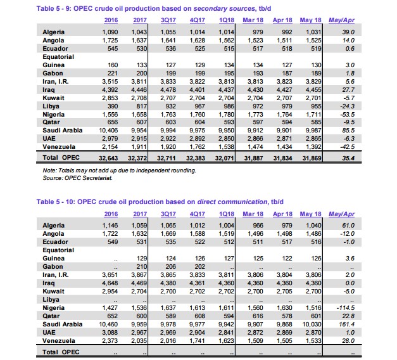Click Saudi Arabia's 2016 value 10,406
108,131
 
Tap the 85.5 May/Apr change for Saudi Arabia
348,131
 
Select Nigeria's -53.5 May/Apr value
347,114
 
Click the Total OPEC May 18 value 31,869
312,158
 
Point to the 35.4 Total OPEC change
348,158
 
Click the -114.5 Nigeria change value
345,308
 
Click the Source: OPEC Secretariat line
77,178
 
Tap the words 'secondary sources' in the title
224,8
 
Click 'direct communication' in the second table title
232,202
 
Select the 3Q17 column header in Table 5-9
168,20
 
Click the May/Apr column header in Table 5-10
341,214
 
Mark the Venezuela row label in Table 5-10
59,341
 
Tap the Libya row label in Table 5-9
51,106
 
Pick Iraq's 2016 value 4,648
110,283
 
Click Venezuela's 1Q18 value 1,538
226,147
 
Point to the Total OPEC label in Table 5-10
61,352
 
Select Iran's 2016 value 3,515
110,82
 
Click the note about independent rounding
119,170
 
